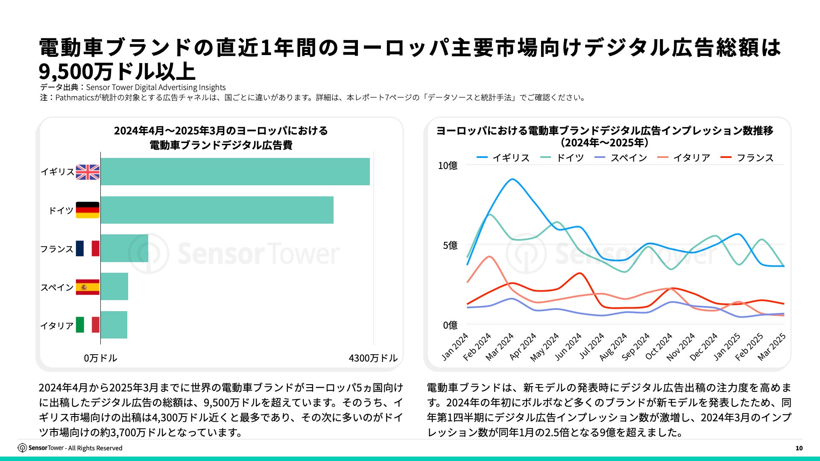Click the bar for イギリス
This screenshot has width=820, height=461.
tap(235, 172)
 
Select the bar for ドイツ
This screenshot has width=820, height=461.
tap(217, 210)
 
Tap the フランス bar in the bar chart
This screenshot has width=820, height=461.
tap(124, 248)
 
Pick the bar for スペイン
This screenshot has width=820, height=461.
tap(114, 286)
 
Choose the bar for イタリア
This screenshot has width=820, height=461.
tap(114, 325)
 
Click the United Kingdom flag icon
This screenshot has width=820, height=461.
tap(88, 172)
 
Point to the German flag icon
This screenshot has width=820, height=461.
tap(88, 210)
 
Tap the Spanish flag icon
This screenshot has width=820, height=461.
tap(88, 287)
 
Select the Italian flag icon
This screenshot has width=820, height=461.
tap(88, 325)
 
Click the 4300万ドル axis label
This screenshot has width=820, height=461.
tap(373, 358)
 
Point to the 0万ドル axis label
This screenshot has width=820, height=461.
tap(100, 358)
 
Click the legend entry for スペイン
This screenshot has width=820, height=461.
tap(621, 158)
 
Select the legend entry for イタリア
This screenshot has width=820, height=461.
tap(684, 158)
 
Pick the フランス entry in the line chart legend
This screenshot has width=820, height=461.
tap(747, 158)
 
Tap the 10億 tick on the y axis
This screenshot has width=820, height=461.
tap(448, 166)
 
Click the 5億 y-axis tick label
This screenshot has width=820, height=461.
tap(450, 245)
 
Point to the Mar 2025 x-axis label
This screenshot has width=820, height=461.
tap(772, 347)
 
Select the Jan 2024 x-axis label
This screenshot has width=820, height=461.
tap(455, 347)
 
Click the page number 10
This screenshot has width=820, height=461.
tap(799, 448)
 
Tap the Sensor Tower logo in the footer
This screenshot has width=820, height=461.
tap(41, 448)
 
